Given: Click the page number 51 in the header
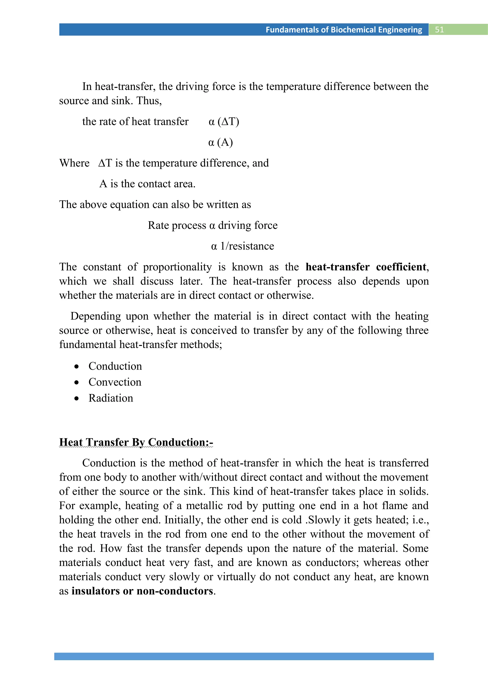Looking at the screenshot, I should click(439, 30).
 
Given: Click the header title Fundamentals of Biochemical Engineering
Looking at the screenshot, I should click(344, 30).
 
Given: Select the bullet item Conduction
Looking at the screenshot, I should click(115, 366).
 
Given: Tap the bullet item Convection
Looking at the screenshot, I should click(115, 382).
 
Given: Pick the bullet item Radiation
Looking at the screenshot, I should click(111, 398).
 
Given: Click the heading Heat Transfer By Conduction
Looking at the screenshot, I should click(136, 442).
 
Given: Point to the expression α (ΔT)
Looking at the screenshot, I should click(224, 122).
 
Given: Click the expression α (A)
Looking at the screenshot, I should click(221, 142).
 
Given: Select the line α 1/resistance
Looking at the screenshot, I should click(243, 246).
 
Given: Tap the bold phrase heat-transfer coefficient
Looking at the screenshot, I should click(366, 267).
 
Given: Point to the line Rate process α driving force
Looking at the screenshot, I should click(213, 225).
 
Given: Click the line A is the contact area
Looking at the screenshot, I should click(147, 184).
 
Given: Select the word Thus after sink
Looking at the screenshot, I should click(149, 101).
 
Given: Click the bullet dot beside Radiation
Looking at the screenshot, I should click(77, 399).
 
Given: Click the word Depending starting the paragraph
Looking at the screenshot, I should click(96, 316).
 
